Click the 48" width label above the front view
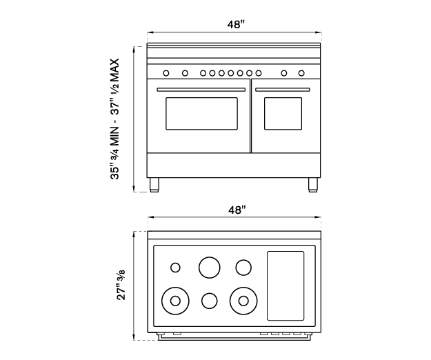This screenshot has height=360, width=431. pyautogui.click(x=236, y=24)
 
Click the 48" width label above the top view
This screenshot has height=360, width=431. pyautogui.click(x=236, y=209)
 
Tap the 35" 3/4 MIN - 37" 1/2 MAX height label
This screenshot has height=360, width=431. pyautogui.click(x=117, y=119)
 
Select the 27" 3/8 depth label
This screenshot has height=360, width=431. pyautogui.click(x=122, y=285)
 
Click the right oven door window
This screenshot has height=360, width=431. pyautogui.click(x=283, y=113)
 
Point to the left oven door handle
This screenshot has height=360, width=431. pyautogui.click(x=201, y=90)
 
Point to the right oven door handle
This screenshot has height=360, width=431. pyautogui.click(x=282, y=90)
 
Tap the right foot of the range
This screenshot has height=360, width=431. pyautogui.click(x=313, y=184)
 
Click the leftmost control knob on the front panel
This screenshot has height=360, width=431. pyautogui.click(x=166, y=72)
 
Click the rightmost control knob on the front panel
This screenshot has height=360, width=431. pyautogui.click(x=301, y=72)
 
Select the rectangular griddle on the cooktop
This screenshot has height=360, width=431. pyautogui.click(x=285, y=285)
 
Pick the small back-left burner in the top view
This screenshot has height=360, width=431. pyautogui.click(x=175, y=268)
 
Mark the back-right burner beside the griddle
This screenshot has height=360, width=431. pyautogui.click(x=243, y=266)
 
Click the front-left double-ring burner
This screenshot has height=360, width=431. pyautogui.click(x=175, y=300)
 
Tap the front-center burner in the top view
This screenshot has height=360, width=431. pyautogui.click(x=209, y=300)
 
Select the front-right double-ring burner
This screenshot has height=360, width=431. pyautogui.click(x=243, y=299)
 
